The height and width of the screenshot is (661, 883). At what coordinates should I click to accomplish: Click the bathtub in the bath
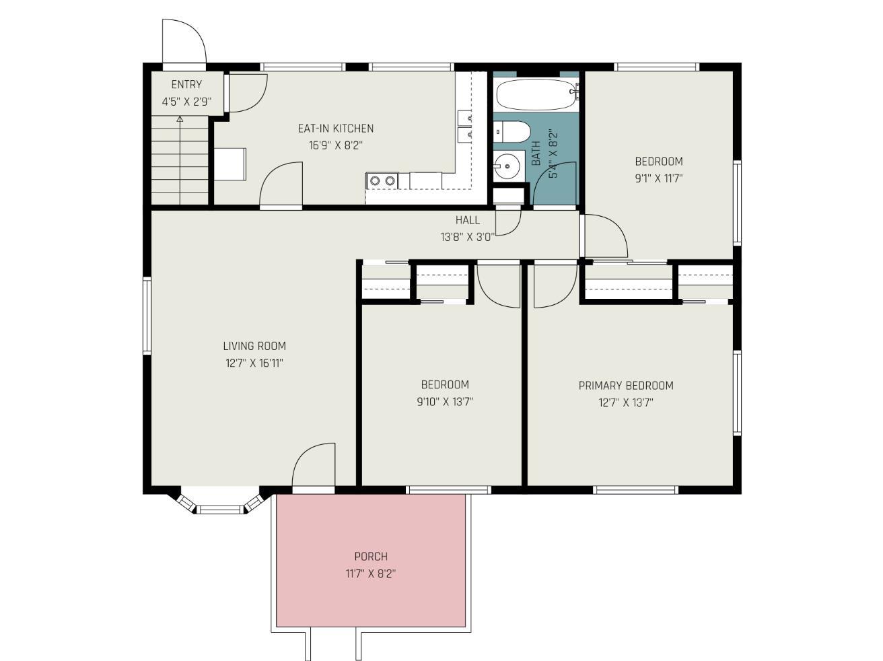tap(536, 94)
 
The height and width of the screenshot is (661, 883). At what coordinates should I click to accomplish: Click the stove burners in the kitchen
tap(382, 181)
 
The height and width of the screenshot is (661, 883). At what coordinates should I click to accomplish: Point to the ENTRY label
tap(186, 85)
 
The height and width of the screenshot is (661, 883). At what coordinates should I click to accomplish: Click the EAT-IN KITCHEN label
tap(336, 129)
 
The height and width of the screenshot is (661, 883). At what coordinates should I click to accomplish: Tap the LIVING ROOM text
tap(254, 346)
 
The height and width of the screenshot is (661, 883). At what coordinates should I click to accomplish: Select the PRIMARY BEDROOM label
tap(626, 386)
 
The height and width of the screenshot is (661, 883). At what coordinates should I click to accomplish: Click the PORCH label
tap(371, 557)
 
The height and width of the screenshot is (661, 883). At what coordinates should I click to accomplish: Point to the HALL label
tap(468, 220)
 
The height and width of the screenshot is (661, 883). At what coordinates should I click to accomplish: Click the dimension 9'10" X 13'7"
tap(445, 401)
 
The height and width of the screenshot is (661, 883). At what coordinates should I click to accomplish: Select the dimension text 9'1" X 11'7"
tap(659, 178)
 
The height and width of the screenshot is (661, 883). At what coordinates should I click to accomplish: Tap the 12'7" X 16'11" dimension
tap(254, 363)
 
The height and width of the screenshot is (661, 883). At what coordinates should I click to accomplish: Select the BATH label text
tap(536, 153)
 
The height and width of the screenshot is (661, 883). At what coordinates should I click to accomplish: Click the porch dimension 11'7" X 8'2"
tap(371, 573)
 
